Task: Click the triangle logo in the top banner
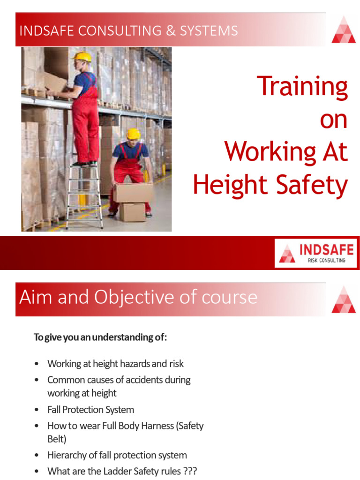(343, 30)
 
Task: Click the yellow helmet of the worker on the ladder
(83, 57)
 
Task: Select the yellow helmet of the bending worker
(134, 134)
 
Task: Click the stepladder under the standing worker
(84, 197)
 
